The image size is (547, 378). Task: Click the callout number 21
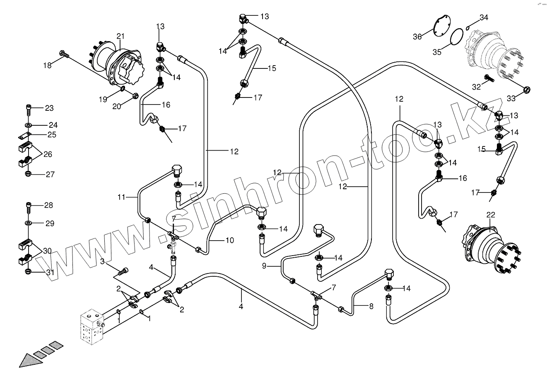[120, 36]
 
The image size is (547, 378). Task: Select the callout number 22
[491, 215]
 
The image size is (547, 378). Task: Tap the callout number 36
[417, 37]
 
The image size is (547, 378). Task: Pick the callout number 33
[511, 98]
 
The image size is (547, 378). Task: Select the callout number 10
[230, 240]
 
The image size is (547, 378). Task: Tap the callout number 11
[120, 197]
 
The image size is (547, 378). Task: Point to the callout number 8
[371, 307]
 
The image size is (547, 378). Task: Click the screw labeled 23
[29, 109]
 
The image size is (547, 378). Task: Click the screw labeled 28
[29, 206]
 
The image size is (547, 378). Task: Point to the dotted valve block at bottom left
[92, 327]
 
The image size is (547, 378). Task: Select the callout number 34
[484, 17]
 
